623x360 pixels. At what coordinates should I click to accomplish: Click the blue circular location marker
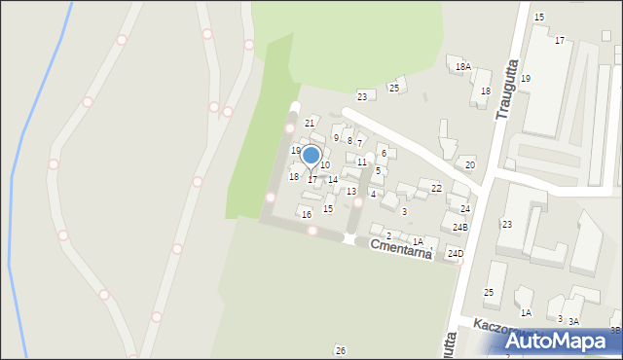311,156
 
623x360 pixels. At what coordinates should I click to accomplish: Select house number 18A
463,67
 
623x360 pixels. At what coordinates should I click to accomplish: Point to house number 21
310,123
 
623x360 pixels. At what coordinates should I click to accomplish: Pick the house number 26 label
340,350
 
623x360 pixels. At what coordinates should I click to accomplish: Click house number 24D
455,254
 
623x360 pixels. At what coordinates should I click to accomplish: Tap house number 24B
459,227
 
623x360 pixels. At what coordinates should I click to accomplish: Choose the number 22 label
436,188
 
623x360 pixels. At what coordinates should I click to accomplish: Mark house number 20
469,164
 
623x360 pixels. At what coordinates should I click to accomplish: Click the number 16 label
307,214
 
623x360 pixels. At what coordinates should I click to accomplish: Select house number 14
332,180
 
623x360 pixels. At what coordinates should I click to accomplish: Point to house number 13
350,192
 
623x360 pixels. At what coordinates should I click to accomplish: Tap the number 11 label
361,162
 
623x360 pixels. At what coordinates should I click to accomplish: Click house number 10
325,165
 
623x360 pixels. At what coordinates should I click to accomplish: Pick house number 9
336,138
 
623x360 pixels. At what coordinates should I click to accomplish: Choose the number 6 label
384,153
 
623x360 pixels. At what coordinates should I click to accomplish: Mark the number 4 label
373,195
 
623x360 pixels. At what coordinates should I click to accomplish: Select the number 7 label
359,144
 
